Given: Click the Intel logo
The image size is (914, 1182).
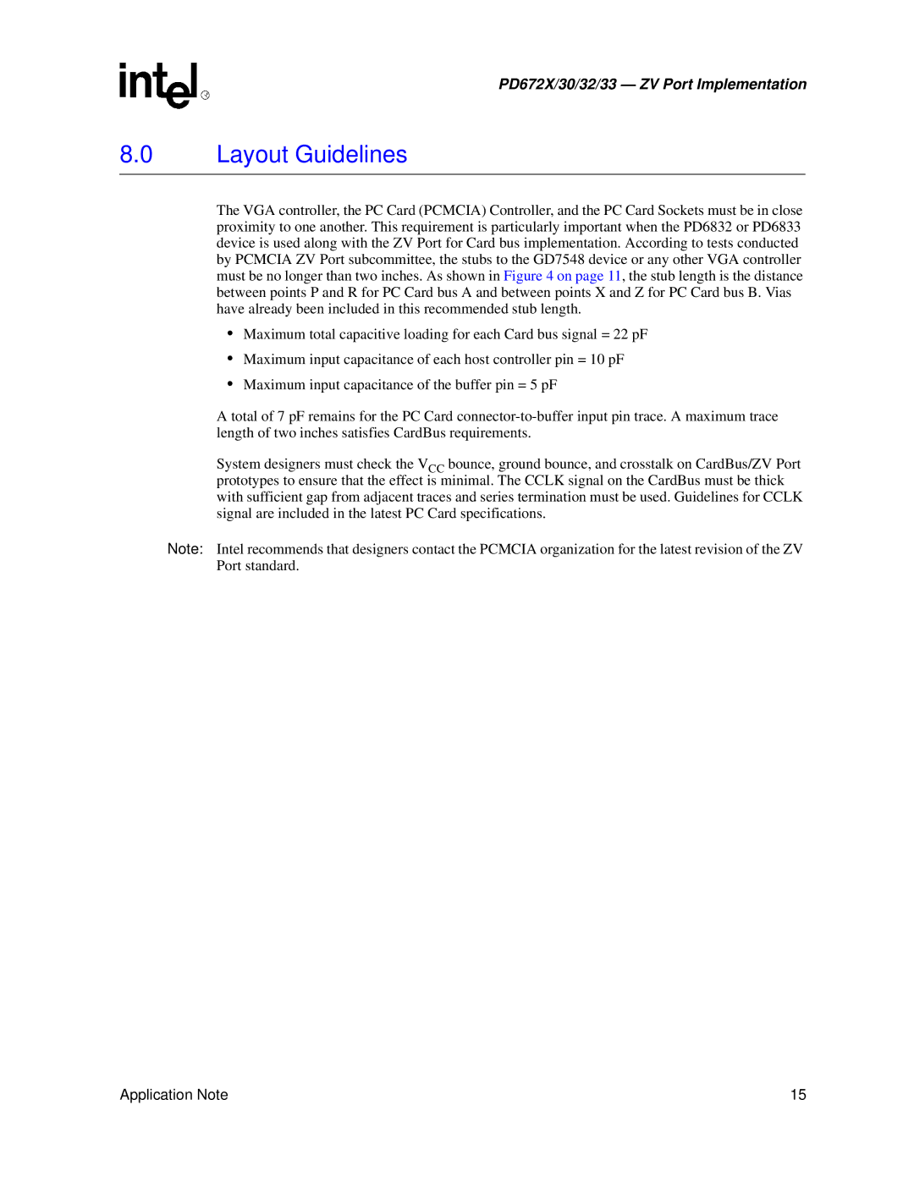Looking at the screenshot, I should click(161, 85).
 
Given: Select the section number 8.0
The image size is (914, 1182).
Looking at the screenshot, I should click(136, 155).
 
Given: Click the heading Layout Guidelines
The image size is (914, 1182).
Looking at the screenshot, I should click(311, 155).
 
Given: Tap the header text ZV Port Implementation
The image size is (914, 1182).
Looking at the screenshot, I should click(723, 85).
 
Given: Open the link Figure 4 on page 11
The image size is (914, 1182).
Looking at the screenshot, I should click(562, 277).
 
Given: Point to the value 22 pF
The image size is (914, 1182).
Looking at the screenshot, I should click(630, 335).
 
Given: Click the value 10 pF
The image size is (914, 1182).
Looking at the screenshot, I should click(607, 360).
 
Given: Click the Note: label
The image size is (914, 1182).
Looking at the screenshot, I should click(185, 549).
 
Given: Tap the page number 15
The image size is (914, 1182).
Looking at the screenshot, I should click(798, 1095).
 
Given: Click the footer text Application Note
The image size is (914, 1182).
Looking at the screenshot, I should click(174, 1095).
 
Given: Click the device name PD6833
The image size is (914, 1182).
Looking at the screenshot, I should click(776, 227).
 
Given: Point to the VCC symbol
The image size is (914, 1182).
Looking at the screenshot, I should click(431, 465).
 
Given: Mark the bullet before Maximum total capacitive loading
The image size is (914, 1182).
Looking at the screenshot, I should click(229, 334).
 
